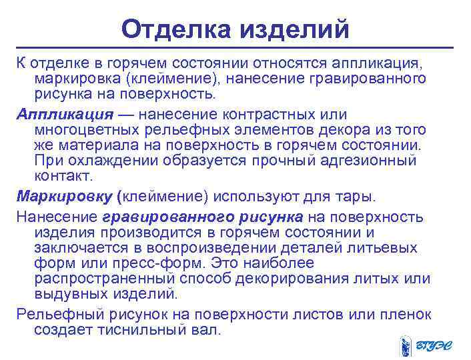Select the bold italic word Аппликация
click(x=65, y=112)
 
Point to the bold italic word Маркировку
click(x=65, y=197)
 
